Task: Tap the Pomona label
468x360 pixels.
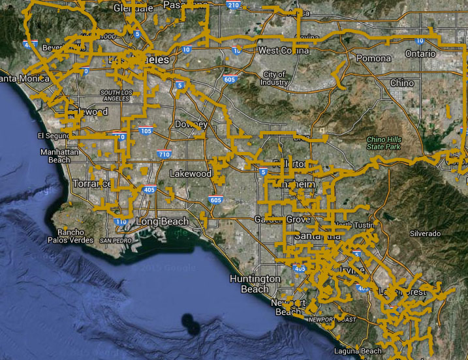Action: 373,58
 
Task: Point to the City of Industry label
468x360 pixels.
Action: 275,78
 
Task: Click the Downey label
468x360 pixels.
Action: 191,125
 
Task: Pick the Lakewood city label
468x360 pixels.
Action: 191,174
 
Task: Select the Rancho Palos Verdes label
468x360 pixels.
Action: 70,236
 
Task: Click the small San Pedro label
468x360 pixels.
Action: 115,240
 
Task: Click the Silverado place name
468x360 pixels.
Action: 426,233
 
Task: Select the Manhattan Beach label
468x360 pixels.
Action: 55,156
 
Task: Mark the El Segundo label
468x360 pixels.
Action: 52,136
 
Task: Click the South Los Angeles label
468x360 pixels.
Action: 121,96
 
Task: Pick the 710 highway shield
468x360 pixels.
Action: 164,155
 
